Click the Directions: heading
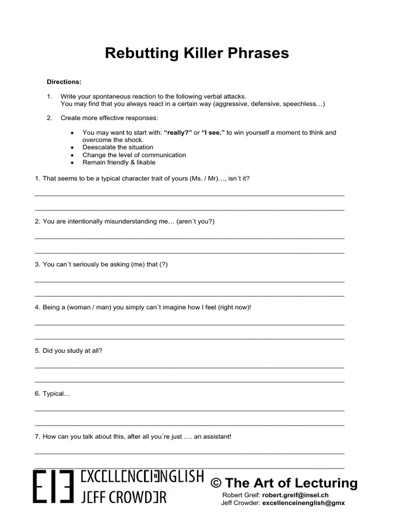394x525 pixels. tap(64, 82)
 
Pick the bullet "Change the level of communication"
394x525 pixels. tap(134, 155)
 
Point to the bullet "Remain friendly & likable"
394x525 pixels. tap(119, 163)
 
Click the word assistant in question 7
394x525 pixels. tap(212, 437)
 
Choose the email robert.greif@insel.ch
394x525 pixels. tap(295, 495)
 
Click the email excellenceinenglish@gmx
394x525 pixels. tap(304, 503)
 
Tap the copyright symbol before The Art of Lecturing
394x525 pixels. tap(216, 483)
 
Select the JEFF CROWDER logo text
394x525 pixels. tap(124, 497)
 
